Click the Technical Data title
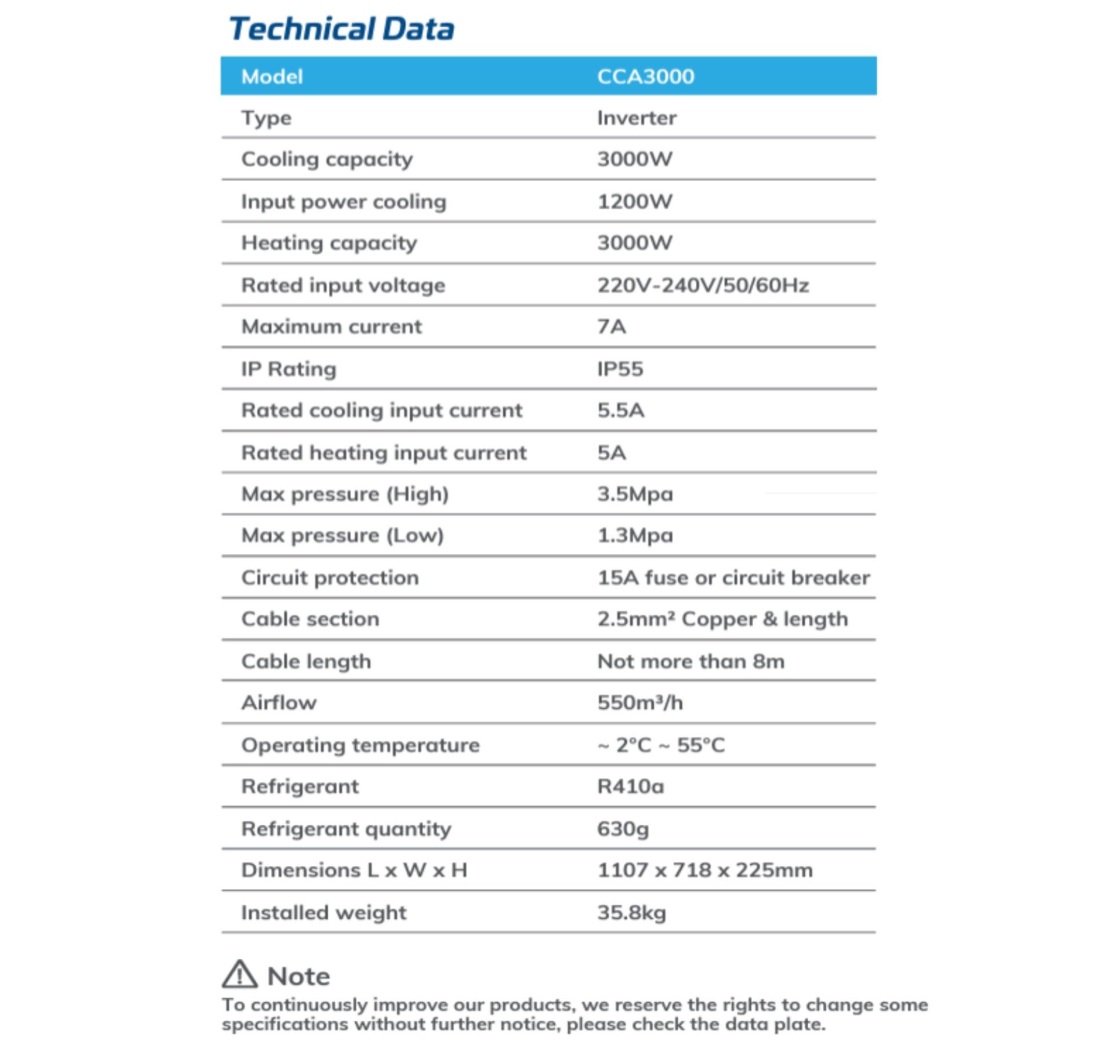pyautogui.click(x=341, y=29)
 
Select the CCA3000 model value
pyautogui.click(x=645, y=77)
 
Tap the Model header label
pyautogui.click(x=272, y=77)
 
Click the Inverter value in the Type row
pyautogui.click(x=636, y=118)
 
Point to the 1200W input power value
pyautogui.click(x=635, y=202)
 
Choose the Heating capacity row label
pyautogui.click(x=329, y=243)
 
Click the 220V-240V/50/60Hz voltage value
pyautogui.click(x=703, y=285)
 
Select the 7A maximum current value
pyautogui.click(x=612, y=327)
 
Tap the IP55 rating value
pyautogui.click(x=620, y=369)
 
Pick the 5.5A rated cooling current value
pyautogui.click(x=621, y=411)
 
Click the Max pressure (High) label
pyautogui.click(x=345, y=494)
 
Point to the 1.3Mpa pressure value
pyautogui.click(x=635, y=535)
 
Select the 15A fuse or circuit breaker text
pyautogui.click(x=733, y=578)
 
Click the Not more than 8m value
pyautogui.click(x=690, y=661)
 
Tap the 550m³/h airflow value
pyautogui.click(x=640, y=703)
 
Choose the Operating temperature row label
pyautogui.click(x=360, y=745)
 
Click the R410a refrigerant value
pyautogui.click(x=631, y=786)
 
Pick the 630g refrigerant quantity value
pyautogui.click(x=623, y=829)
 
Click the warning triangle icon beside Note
pyautogui.click(x=239, y=974)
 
